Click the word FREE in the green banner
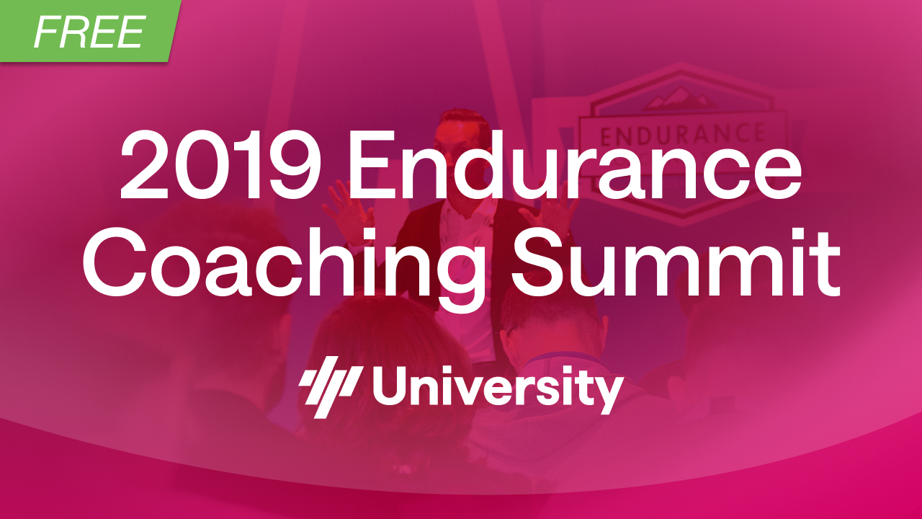pos(89,32)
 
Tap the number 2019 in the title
pos(220,165)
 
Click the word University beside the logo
pos(498,389)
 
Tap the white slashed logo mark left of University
pos(331,387)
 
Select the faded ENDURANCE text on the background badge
pos(681,134)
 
